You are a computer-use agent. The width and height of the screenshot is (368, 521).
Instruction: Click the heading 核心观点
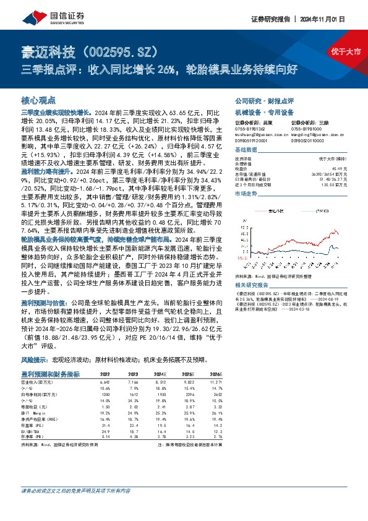(38, 99)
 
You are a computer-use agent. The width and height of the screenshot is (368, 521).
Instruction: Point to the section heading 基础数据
(247, 150)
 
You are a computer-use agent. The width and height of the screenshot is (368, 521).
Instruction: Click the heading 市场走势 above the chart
(247, 194)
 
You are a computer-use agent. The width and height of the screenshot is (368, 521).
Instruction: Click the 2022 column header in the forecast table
(105, 374)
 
